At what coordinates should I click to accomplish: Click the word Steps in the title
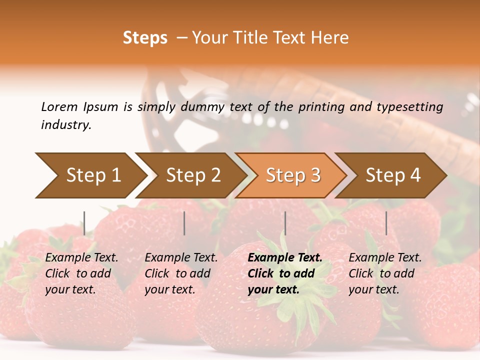pos(145,38)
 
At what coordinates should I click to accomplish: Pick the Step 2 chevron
pos(193,175)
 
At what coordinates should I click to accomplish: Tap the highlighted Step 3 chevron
pos(293,175)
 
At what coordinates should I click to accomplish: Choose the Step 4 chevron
pos(393,175)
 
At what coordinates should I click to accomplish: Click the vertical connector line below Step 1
pos(84,223)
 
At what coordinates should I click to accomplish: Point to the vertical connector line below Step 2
pos(184,223)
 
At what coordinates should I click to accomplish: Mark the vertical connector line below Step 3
pos(285,223)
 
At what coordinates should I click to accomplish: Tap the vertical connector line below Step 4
pos(386,223)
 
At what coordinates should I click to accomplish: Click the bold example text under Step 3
pos(285,273)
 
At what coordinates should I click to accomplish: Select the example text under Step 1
pos(81,273)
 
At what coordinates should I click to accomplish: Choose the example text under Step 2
pos(181,273)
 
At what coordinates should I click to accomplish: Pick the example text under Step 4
pos(385,273)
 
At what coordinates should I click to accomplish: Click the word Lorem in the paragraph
pos(59,106)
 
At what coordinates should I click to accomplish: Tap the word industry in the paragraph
pos(65,125)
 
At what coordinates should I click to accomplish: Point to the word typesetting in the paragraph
pos(409,106)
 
